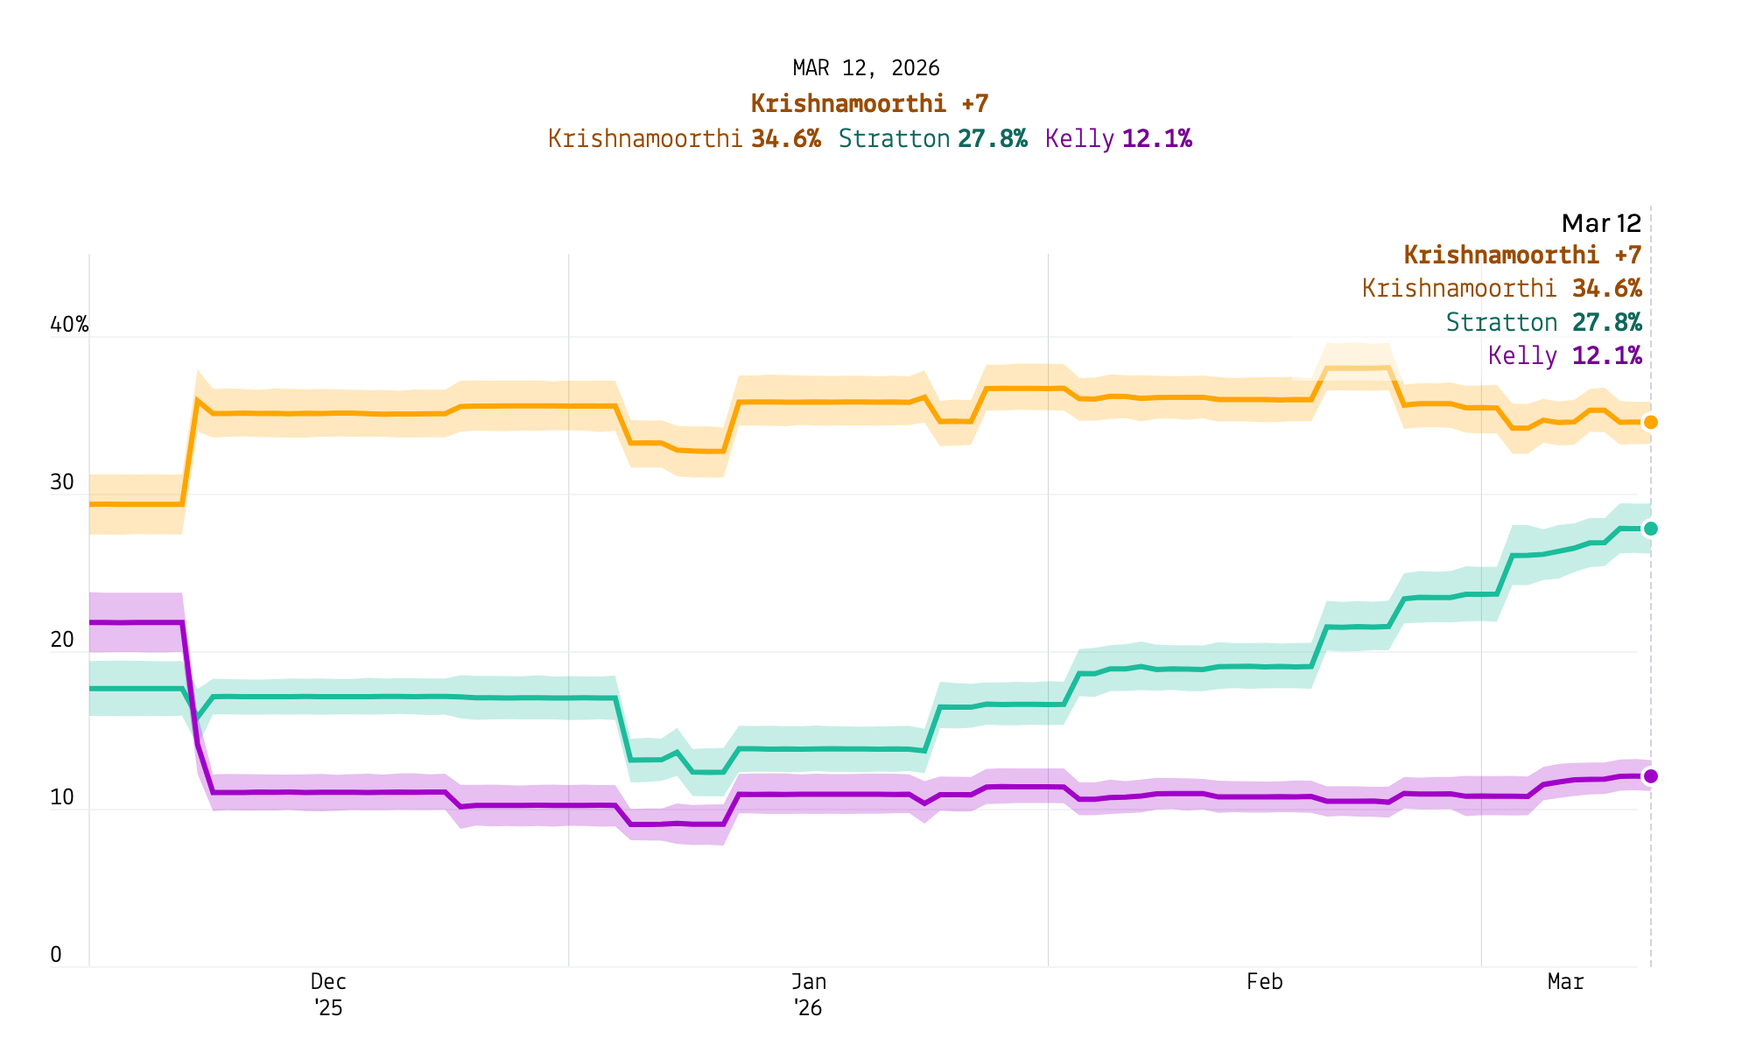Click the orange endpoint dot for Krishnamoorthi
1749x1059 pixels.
tap(1650, 423)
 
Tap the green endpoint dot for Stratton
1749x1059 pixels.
tap(1650, 529)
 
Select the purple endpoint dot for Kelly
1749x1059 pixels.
tap(1650, 776)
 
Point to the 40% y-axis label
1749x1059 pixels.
tap(69, 326)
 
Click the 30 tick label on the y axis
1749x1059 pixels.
tap(62, 483)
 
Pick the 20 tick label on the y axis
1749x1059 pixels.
tap(62, 641)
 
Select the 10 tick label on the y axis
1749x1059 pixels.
tap(62, 798)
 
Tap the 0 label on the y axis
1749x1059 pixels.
tap(56, 955)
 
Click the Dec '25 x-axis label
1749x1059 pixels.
tap(328, 994)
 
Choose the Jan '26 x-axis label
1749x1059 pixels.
tap(808, 994)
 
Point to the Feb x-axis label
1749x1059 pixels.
tap(1264, 982)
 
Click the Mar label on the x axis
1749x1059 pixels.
tap(1565, 982)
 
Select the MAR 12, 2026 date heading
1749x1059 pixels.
tap(866, 68)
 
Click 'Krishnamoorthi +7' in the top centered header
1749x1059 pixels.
tap(869, 104)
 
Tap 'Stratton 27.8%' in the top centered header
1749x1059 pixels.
tap(932, 139)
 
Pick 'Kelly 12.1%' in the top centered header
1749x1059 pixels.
tap(1118, 139)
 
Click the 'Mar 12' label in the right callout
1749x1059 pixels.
tap(1601, 223)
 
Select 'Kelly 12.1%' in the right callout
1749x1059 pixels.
tap(1564, 356)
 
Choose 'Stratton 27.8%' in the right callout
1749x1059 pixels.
tap(1543, 323)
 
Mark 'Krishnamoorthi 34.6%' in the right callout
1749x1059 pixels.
tap(1501, 289)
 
